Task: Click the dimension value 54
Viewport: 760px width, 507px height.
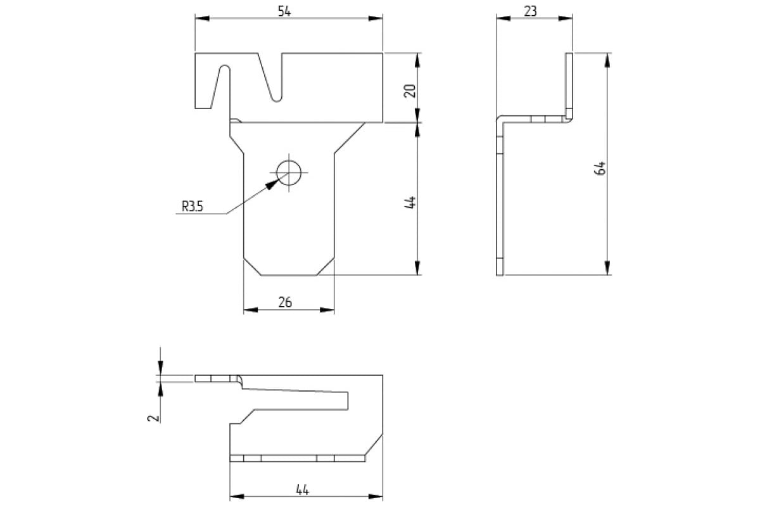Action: pos(284,11)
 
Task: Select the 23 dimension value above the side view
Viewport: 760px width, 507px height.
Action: pos(531,11)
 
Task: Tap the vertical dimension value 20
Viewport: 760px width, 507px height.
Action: pos(410,91)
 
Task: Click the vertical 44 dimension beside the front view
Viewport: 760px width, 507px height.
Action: pos(410,202)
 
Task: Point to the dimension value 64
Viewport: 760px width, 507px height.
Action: pos(600,168)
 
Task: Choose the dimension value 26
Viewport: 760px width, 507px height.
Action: pos(285,302)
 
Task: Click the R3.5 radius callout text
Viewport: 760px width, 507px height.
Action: pos(193,206)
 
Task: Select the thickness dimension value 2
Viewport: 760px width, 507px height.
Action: pos(153,418)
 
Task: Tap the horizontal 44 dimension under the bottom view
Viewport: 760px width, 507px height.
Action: pos(302,490)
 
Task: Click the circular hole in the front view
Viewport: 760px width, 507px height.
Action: pos(289,172)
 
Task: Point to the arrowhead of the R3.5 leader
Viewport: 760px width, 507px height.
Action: pos(272,184)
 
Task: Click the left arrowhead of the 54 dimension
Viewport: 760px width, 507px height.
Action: pos(202,18)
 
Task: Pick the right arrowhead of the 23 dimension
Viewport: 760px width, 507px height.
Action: pos(566,18)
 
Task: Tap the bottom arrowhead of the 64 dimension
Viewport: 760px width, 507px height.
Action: pos(607,267)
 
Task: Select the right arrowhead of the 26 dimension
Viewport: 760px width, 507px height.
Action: pos(327,310)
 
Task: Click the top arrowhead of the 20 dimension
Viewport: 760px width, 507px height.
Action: pos(417,60)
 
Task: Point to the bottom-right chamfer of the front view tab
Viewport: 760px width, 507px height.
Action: pos(326,267)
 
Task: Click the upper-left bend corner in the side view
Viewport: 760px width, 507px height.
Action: pos(500,120)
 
